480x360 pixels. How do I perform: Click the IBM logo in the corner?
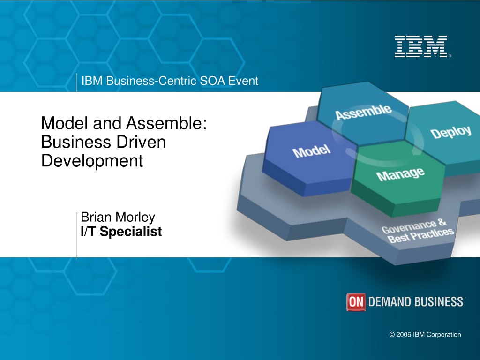point(421,46)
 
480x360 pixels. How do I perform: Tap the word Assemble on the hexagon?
point(363,112)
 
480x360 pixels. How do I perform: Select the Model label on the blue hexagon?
point(311,151)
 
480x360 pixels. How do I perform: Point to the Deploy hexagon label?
point(450,132)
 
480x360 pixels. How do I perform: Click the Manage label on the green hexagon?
point(400,174)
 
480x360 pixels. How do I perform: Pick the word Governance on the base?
point(409,227)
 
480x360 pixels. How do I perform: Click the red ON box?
point(356,302)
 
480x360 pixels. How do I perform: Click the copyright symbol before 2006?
point(392,335)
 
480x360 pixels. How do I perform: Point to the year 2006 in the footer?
point(404,335)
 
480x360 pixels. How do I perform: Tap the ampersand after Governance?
point(442,222)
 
